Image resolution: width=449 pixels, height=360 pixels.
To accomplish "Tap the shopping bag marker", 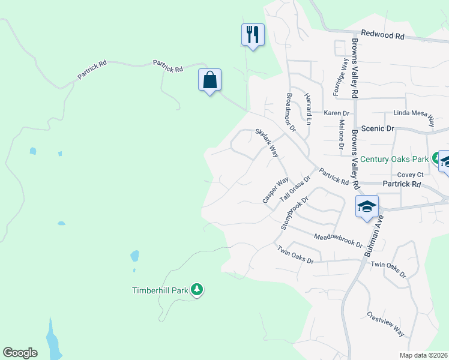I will pyautogui.click(x=210, y=80).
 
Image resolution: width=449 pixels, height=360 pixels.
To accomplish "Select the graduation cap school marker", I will pyautogui.click(x=366, y=207).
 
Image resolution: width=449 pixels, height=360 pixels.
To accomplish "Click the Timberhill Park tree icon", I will pyautogui.click(x=197, y=290).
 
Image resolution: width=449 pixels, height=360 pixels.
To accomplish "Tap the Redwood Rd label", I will pyautogui.click(x=382, y=36).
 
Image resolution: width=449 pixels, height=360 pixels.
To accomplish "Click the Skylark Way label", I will pyautogui.click(x=267, y=143).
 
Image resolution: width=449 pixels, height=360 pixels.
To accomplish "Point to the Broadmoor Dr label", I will pyautogui.click(x=291, y=112).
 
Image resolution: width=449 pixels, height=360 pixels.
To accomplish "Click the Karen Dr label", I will pyautogui.click(x=336, y=113).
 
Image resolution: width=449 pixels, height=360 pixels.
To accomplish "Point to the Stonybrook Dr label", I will pyautogui.click(x=294, y=213).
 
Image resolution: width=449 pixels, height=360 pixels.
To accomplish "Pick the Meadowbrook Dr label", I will pyautogui.click(x=339, y=241).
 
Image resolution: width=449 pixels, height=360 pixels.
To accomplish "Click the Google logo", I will pyautogui.click(x=20, y=353).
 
